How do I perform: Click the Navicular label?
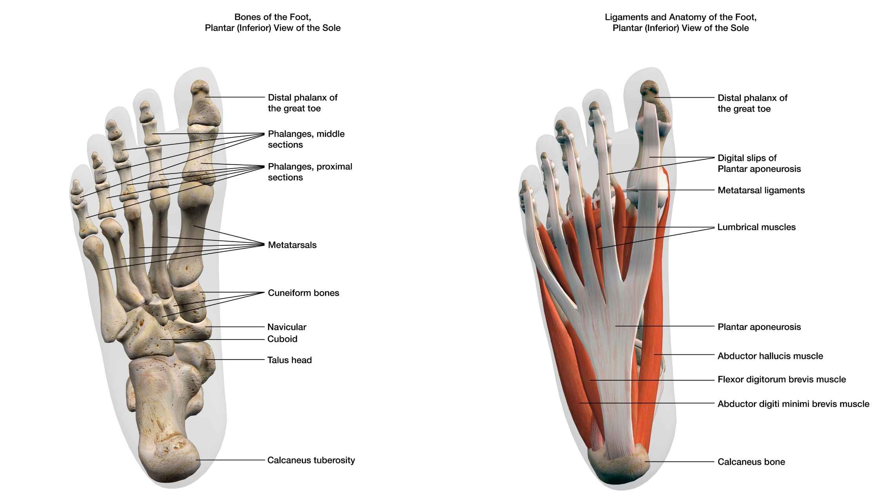click(287, 327)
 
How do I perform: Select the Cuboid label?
click(282, 339)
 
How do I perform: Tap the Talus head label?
click(289, 360)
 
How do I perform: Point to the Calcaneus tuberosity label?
click(311, 460)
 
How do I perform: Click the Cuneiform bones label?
click(303, 293)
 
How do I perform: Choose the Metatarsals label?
click(292, 245)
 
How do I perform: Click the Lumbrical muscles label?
click(756, 227)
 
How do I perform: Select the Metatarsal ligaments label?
click(761, 191)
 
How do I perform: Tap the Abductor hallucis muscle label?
click(770, 356)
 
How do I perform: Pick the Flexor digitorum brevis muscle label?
click(782, 380)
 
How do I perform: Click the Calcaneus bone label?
click(751, 462)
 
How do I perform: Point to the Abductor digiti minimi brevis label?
click(793, 404)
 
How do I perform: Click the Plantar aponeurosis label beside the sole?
click(759, 327)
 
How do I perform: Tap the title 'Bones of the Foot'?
click(272, 17)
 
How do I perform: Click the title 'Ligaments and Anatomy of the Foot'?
click(680, 17)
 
